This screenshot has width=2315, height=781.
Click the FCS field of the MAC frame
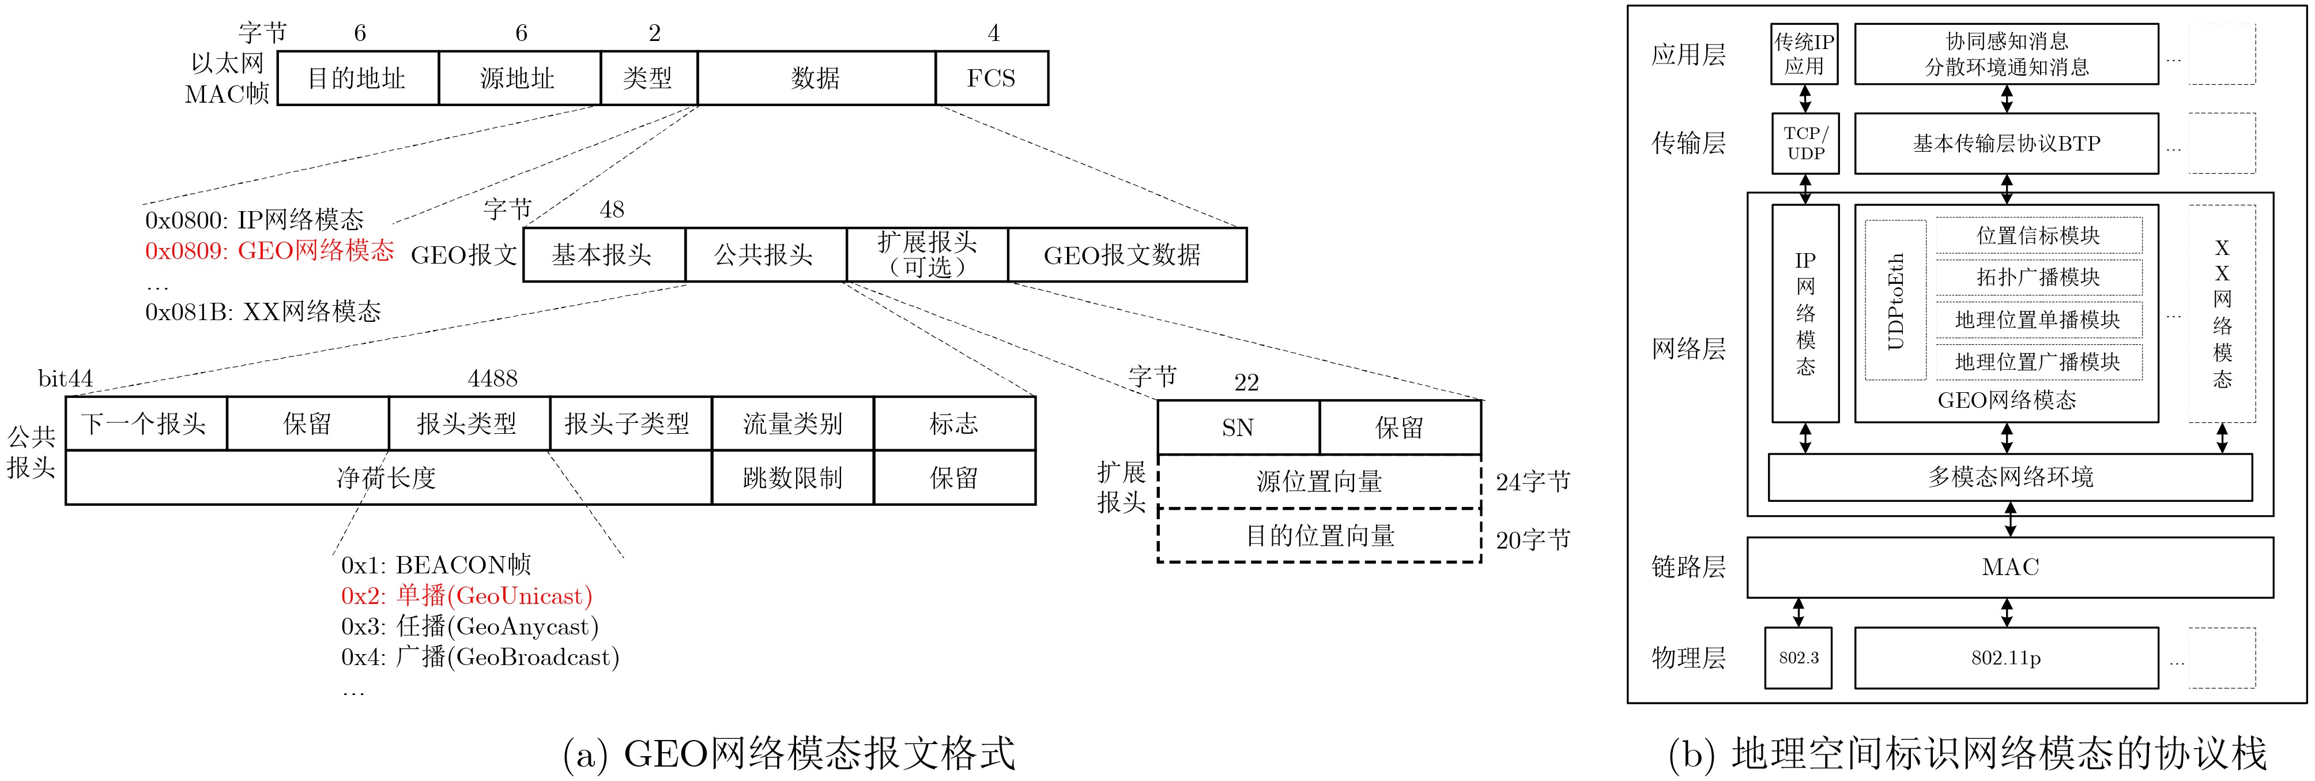click(x=991, y=78)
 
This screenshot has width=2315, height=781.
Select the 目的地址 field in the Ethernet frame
click(x=357, y=78)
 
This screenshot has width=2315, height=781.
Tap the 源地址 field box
click(x=519, y=78)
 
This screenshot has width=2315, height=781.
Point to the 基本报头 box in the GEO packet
click(x=602, y=256)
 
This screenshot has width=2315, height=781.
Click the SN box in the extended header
click(x=1238, y=428)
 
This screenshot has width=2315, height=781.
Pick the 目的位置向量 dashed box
click(x=1319, y=536)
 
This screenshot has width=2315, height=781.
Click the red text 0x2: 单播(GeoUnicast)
click(x=466, y=596)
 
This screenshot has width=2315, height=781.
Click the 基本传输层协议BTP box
click(x=2006, y=143)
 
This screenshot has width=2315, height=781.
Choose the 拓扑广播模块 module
click(x=2038, y=277)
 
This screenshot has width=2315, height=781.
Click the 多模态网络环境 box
click(x=2009, y=477)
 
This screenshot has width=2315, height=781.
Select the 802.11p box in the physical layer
click(x=2006, y=658)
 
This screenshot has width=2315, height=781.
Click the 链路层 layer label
click(x=1688, y=567)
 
